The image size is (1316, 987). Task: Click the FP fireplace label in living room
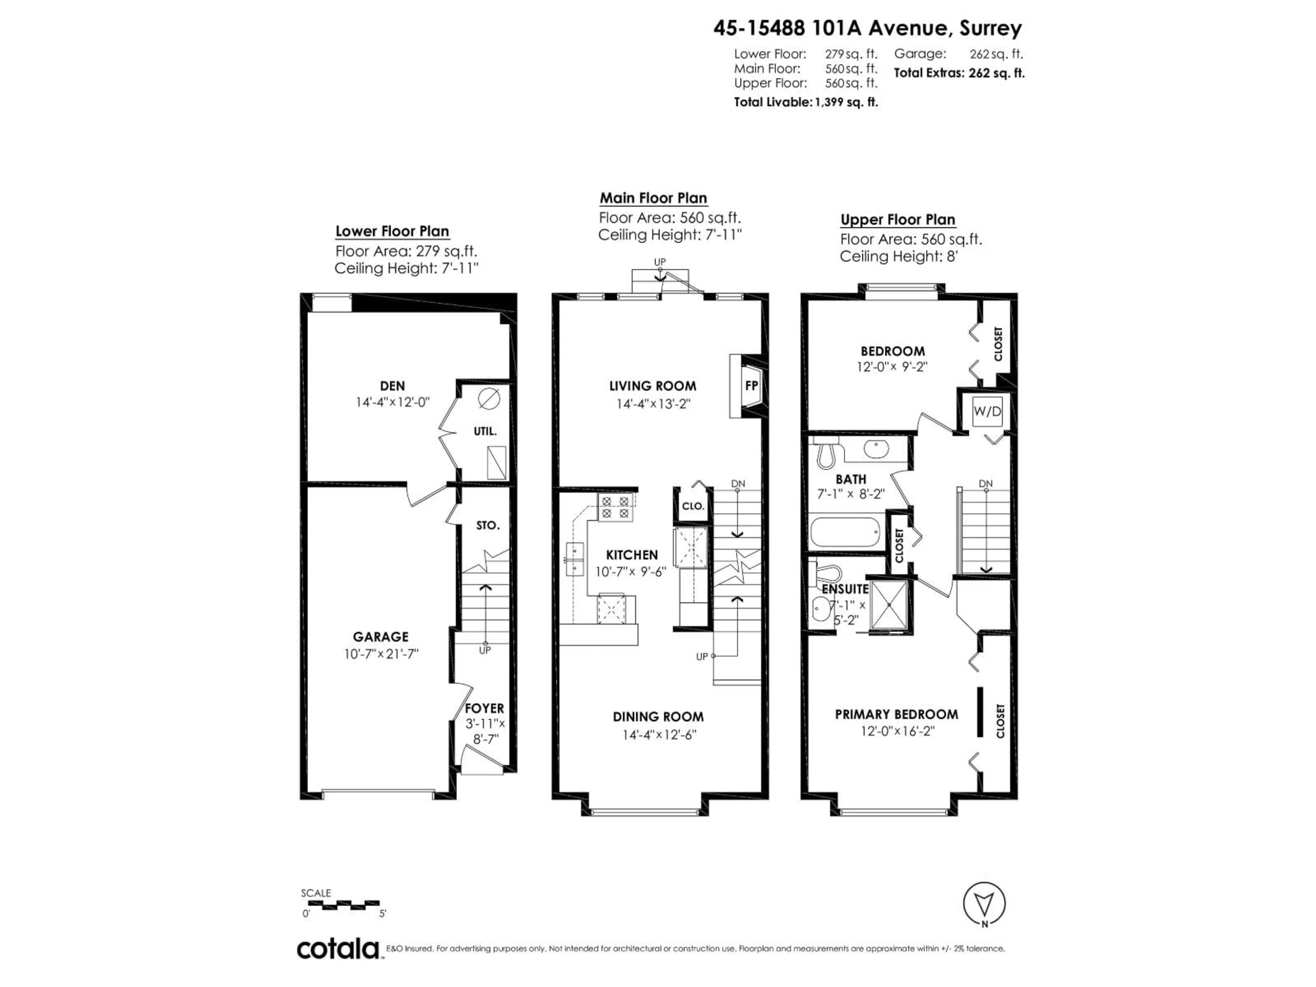(752, 386)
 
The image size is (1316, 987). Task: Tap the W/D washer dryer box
(987, 411)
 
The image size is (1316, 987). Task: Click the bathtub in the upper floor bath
(845, 533)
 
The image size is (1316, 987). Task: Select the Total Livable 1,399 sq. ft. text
(806, 102)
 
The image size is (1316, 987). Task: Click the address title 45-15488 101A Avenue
(867, 28)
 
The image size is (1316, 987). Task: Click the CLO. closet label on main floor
(693, 506)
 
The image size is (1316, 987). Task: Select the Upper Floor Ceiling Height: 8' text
(898, 256)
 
